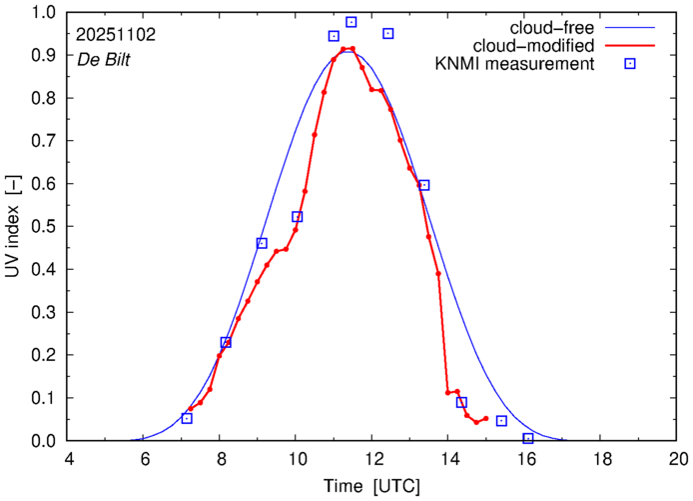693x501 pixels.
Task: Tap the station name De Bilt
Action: point(104,59)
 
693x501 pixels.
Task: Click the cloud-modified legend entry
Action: point(549,46)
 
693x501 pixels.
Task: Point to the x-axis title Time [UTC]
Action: point(372,486)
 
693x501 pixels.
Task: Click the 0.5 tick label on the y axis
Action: point(43,227)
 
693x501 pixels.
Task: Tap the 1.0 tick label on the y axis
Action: point(43,13)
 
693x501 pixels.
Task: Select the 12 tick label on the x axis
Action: point(372,460)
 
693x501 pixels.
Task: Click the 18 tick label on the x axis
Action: point(602,460)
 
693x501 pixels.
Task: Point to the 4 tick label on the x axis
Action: point(68,460)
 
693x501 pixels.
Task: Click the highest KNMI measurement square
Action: point(351,22)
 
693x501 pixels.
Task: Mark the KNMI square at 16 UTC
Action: point(528,439)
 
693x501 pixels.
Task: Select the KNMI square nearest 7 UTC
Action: point(187,418)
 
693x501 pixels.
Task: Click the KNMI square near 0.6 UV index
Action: point(423,185)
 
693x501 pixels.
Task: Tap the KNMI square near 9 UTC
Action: point(262,243)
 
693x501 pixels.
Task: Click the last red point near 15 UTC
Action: point(485,419)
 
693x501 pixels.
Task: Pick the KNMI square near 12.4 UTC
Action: point(387,33)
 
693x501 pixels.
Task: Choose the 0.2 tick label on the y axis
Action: point(43,355)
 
